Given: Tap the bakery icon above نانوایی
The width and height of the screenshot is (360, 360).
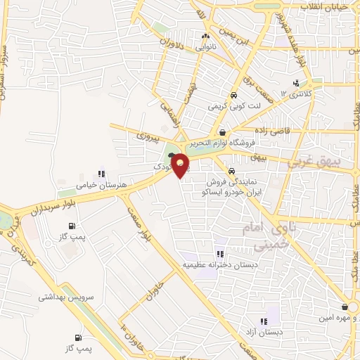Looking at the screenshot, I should tap(205, 37).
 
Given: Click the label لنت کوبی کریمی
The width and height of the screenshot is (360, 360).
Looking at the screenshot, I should tap(234, 108).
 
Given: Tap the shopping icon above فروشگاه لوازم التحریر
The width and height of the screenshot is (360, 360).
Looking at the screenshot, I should tap(222, 131).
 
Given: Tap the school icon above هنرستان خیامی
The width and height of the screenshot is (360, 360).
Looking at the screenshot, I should tap(102, 173).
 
